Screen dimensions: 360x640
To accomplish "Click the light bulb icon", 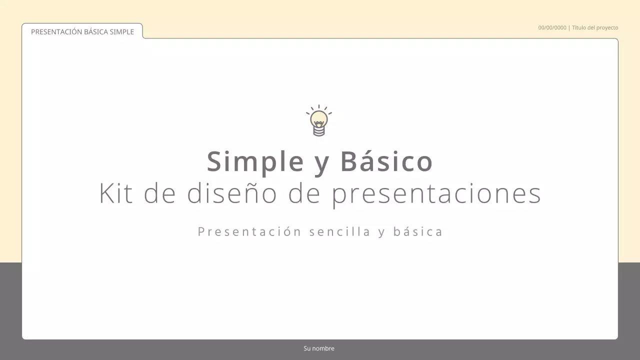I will point(319,120).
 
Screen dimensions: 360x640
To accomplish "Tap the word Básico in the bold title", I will point(386,161).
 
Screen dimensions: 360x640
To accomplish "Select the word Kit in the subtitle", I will point(116,193).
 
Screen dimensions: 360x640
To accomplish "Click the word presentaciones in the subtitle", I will point(436,194).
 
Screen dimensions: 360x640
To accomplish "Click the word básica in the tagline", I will point(418,231).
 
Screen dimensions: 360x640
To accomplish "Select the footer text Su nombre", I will point(319,348).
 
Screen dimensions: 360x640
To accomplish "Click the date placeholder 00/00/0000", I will point(552,27).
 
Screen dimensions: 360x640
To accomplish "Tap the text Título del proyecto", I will point(595,27).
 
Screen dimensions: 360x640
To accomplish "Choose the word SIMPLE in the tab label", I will point(122,32).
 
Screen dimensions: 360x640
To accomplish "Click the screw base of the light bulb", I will point(318,131).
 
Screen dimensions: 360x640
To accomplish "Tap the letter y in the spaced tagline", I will point(381,232).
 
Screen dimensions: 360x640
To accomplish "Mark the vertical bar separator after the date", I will point(569,27).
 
